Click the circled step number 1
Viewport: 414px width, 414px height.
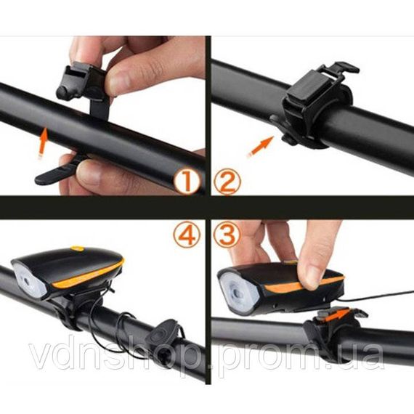(x=186, y=182)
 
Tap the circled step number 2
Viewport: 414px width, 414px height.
(x=227, y=182)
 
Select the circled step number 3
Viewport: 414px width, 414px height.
(x=227, y=235)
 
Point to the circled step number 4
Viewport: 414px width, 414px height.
(x=187, y=235)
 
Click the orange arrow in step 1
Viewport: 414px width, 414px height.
(x=44, y=143)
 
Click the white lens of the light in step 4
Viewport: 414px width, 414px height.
(x=29, y=280)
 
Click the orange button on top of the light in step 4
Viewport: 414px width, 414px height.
(x=78, y=248)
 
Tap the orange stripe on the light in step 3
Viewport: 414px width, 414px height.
(x=304, y=284)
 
